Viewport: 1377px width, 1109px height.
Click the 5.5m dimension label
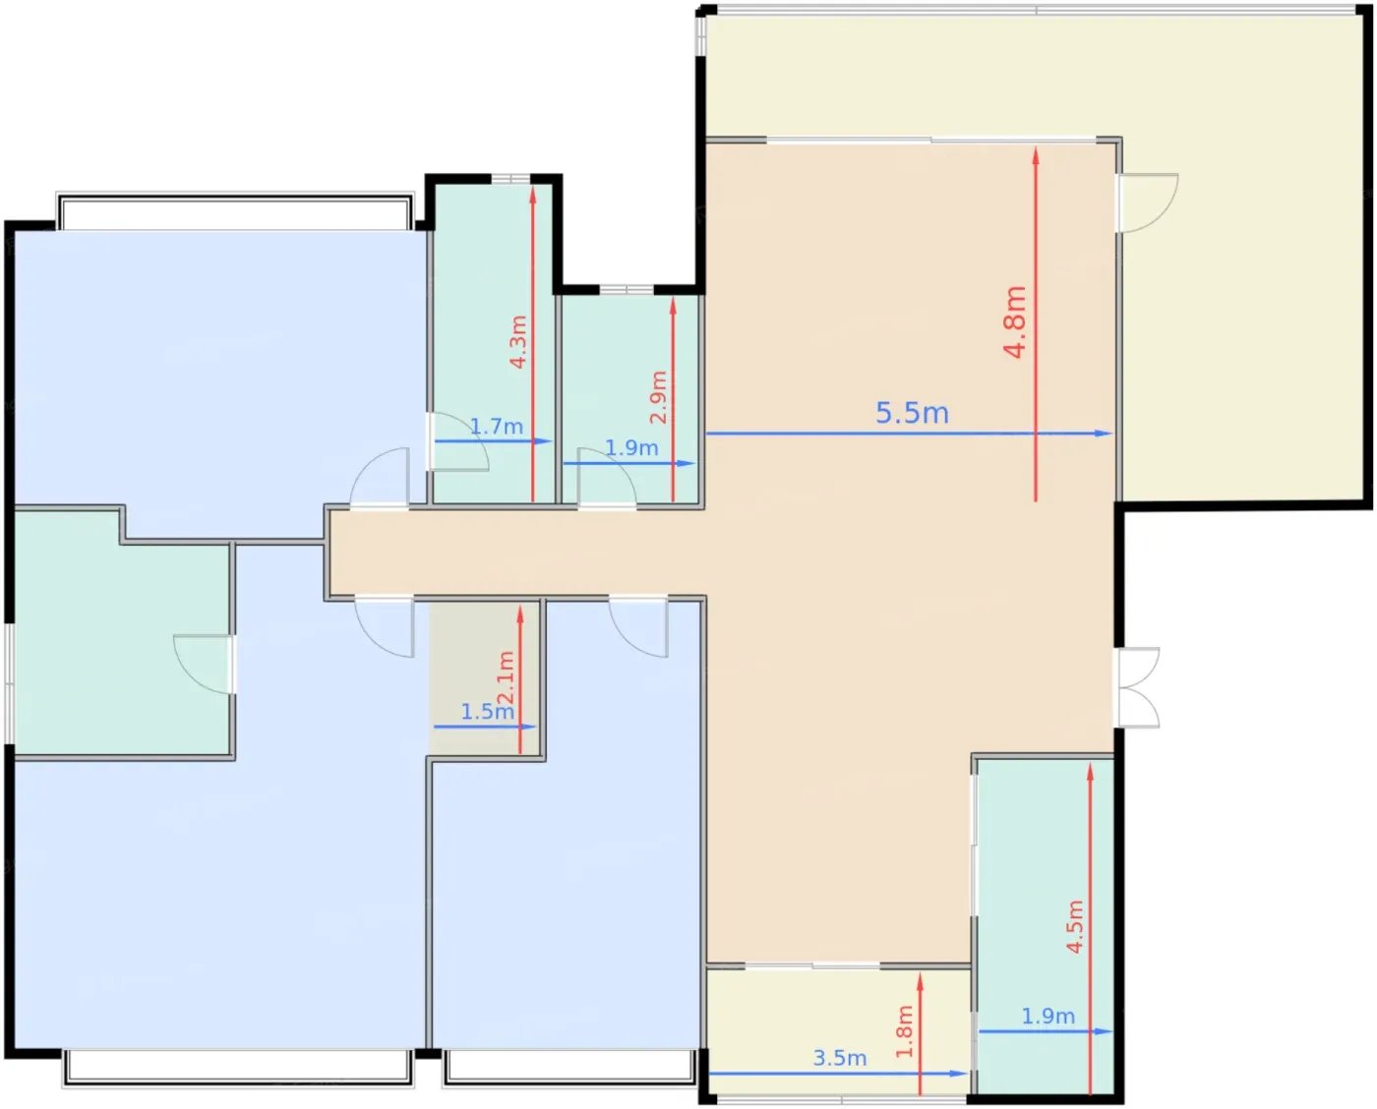pos(911,413)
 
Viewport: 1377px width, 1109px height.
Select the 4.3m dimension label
pos(517,341)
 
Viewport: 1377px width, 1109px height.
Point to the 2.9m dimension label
pos(658,396)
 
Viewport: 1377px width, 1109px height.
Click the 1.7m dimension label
pos(497,426)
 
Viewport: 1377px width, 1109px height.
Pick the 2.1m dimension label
pos(506,677)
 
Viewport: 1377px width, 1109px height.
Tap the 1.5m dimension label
pos(488,711)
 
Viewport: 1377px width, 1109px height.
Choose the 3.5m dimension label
pos(840,1058)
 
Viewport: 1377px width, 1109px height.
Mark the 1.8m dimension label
pos(904,1031)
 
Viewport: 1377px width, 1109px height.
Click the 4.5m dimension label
pos(1075,927)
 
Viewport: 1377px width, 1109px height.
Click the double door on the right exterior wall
pos(1138,687)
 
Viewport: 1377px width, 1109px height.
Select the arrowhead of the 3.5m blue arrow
pos(958,1074)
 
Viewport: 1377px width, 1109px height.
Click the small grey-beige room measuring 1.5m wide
pos(486,679)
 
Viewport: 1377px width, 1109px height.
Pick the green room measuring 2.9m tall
pos(629,399)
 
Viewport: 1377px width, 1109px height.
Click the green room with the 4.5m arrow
pos(1046,926)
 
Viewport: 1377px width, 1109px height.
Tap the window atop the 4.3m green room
pos(510,178)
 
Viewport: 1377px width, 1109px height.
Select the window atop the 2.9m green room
pos(627,290)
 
